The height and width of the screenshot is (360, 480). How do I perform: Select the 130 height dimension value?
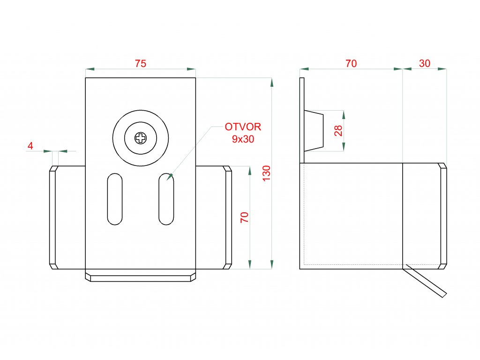267,173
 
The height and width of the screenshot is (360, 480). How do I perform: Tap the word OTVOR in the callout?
243,127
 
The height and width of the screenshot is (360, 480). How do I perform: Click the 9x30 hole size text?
243,139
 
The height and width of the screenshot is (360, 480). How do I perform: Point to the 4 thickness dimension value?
30,146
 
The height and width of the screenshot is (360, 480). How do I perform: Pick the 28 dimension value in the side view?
338,131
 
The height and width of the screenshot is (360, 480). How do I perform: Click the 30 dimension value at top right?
425,64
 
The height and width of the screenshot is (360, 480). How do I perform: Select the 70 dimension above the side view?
351,64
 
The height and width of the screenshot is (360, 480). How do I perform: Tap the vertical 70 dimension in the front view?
244,217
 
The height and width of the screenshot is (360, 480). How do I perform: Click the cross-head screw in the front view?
140,138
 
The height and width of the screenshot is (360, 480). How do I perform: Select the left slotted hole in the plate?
114,198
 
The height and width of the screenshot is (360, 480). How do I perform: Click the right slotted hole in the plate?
166,199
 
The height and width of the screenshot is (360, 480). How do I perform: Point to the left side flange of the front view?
54,217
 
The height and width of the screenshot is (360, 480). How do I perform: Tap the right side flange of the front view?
228,217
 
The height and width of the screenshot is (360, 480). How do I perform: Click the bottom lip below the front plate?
140,276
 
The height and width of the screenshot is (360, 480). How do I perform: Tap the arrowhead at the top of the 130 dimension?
271,82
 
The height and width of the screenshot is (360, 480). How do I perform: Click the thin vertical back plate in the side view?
302,120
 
